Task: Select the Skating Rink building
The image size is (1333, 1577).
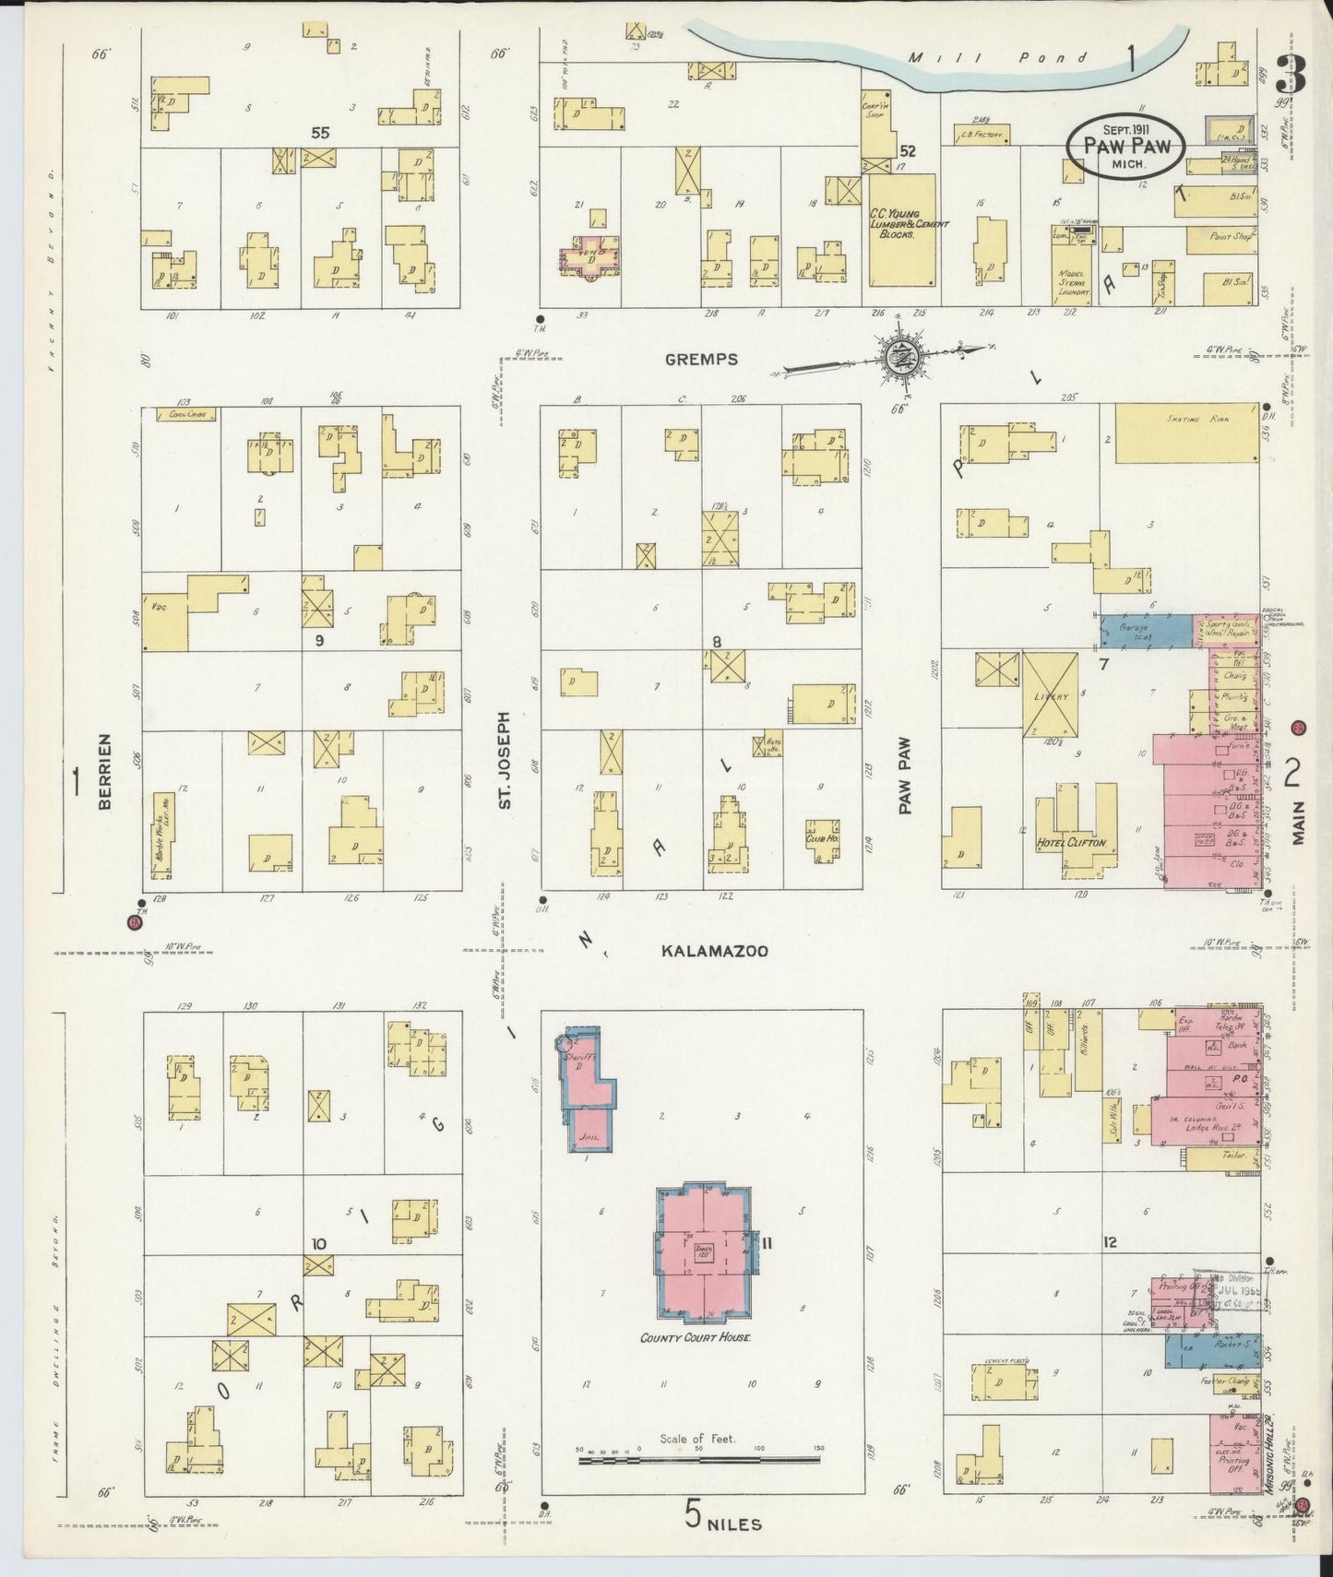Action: pyautogui.click(x=1186, y=433)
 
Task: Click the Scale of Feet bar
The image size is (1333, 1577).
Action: pyautogui.click(x=697, y=1460)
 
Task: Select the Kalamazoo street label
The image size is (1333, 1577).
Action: pyautogui.click(x=714, y=951)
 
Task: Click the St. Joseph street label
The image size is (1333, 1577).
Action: pyautogui.click(x=504, y=760)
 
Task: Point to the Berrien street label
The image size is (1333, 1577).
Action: pyautogui.click(x=104, y=771)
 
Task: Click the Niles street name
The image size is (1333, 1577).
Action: pyautogui.click(x=734, y=1524)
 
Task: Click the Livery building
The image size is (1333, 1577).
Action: pyautogui.click(x=1050, y=695)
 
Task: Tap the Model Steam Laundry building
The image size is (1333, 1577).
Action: pyautogui.click(x=1073, y=274)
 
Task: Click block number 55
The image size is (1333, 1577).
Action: pyautogui.click(x=319, y=133)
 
